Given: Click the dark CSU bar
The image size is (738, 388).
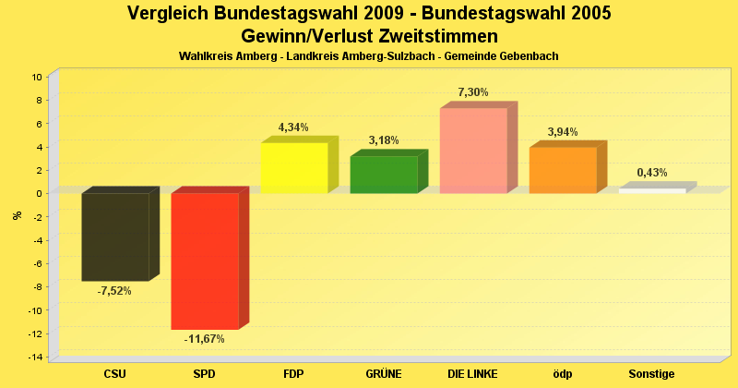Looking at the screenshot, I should (115, 236).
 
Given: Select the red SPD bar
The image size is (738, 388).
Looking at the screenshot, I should (205, 261).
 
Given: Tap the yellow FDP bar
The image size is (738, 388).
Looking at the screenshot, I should (294, 168).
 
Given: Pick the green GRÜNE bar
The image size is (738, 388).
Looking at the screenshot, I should (384, 175).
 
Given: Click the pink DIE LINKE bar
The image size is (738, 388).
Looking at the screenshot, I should (473, 151).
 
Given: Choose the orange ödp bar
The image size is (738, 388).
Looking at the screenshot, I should (563, 170).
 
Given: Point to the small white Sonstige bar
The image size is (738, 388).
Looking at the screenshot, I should (652, 190).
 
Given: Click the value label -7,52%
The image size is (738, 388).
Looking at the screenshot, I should (114, 291).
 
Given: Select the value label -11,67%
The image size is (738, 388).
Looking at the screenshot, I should (204, 339).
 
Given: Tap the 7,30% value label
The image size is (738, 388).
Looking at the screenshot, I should (472, 92).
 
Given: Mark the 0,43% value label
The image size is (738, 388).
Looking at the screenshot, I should (652, 173).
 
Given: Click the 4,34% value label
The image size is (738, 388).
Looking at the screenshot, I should (293, 127).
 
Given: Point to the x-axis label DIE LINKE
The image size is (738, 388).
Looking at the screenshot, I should (472, 374).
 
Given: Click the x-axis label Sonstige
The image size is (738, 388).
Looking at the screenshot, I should (652, 374).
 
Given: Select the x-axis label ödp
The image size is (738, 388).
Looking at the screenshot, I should (563, 374).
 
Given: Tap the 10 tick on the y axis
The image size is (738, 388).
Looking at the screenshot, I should (37, 77).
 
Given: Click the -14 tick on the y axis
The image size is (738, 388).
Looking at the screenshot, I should (35, 358).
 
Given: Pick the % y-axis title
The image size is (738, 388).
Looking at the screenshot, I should (17, 215).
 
